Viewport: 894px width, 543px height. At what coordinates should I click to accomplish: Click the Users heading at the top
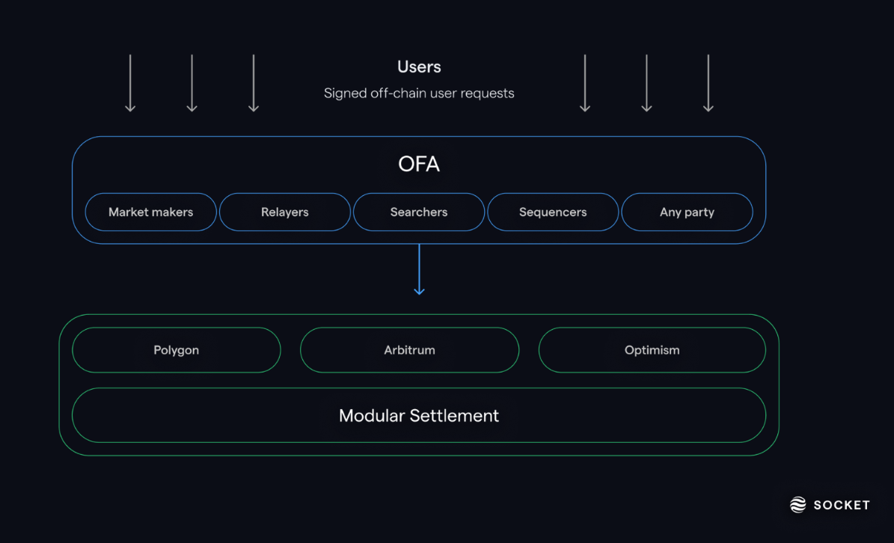pos(419,67)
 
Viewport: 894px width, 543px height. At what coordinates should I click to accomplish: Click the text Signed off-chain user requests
pos(419,93)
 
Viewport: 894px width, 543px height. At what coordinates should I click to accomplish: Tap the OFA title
pos(419,165)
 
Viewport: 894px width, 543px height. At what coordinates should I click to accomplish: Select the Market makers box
pos(150,212)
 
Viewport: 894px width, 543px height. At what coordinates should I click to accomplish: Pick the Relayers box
pos(285,212)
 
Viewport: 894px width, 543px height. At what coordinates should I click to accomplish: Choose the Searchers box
pos(419,212)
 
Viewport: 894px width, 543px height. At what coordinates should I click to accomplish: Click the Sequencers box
pos(553,212)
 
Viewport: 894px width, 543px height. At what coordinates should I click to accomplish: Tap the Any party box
pos(687,212)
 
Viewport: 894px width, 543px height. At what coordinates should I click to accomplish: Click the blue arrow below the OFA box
pos(419,269)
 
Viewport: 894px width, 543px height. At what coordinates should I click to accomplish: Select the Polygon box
pos(177,350)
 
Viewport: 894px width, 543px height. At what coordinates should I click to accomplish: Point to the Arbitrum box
pos(409,350)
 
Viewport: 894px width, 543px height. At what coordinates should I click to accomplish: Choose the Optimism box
pos(652,350)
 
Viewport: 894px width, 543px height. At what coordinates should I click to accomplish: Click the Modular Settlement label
pos(419,416)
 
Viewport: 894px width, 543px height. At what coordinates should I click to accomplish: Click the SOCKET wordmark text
pos(841,505)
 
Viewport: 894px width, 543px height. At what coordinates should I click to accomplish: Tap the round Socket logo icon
pos(798,505)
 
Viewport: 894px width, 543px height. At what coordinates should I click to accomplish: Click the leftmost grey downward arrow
pos(130,83)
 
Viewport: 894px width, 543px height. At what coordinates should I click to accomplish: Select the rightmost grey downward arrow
pos(708,83)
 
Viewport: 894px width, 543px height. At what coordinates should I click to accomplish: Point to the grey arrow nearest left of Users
pos(254,83)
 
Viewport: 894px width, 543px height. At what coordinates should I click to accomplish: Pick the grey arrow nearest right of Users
pos(585,83)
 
